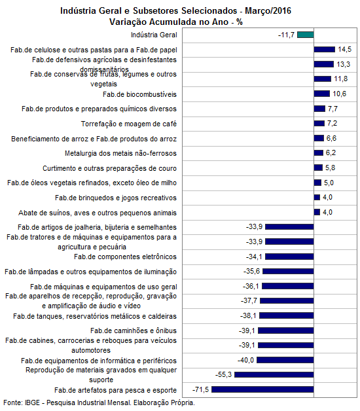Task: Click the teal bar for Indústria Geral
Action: [306, 35]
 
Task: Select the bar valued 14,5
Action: [325, 49]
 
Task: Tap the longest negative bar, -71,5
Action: [262, 389]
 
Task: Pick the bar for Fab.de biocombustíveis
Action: [322, 94]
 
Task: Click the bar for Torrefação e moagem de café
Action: [319, 123]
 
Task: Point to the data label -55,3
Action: [223, 374]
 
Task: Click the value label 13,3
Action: [343, 64]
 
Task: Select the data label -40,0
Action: [245, 360]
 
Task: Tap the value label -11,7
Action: [286, 35]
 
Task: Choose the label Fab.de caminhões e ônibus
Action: [134, 331]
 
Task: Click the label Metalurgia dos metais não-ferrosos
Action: [120, 153]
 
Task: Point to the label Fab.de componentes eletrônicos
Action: [125, 257]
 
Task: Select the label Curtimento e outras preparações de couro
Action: [109, 168]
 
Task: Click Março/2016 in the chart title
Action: [268, 10]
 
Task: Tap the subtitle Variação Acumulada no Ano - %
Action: [176, 22]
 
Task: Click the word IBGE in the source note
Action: [33, 402]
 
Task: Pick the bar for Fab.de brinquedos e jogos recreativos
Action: [317, 197]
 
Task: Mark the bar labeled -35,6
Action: [288, 272]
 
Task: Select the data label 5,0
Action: [329, 183]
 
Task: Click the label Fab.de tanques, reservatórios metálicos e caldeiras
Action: [95, 316]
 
